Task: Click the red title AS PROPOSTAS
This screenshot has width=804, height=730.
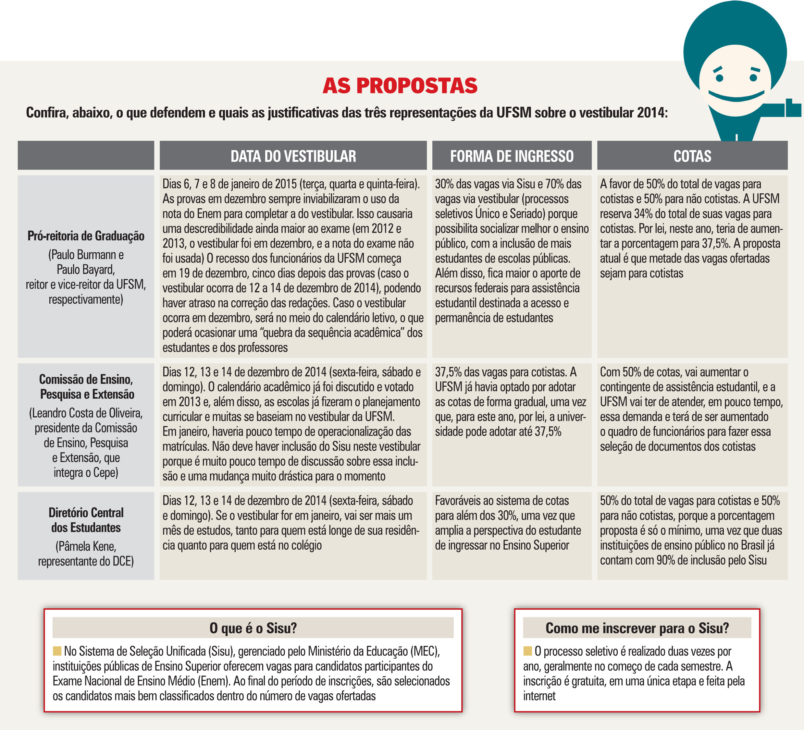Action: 400,86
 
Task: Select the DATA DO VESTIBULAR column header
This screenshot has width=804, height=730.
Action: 293,156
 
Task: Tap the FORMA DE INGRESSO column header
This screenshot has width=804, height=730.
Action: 512,156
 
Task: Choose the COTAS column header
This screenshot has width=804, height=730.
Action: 692,156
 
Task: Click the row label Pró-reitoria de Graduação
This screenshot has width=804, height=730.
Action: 86,236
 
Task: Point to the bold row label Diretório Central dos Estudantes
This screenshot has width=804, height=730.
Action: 86,520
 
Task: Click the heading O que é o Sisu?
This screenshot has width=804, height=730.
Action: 253,628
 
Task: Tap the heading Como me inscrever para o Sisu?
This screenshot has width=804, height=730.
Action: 637,628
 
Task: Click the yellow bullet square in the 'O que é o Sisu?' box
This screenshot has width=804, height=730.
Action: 57,651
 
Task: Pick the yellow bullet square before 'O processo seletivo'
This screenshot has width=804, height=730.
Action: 528,651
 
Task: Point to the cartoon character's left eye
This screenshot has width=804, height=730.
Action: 719,77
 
